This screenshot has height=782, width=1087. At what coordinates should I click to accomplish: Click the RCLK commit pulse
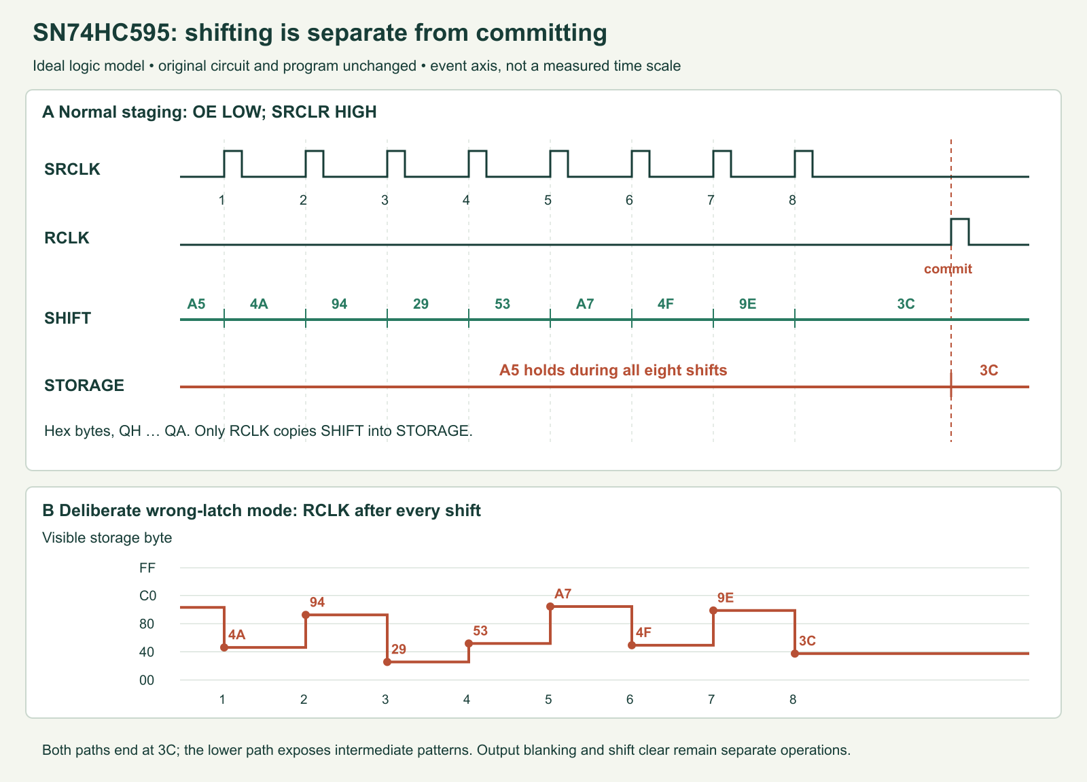pos(960,220)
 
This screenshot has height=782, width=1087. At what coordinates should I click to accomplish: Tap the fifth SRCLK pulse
pos(559,152)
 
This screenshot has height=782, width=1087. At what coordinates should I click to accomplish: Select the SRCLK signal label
pos(72,169)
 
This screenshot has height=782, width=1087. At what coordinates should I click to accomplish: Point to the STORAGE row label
pos(84,385)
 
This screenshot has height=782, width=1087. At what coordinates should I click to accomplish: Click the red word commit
pos(948,269)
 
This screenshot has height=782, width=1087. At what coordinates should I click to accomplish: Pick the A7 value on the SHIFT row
pos(585,304)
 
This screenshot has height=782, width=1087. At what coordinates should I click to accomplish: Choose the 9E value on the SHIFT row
pos(747,304)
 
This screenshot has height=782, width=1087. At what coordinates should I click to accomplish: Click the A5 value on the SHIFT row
pos(196,304)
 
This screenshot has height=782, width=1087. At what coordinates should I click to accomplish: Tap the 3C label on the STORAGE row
pos(988,371)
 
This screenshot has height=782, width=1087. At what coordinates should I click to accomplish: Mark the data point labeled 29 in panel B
pos(387,662)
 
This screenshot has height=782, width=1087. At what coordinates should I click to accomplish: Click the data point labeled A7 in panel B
pos(550,607)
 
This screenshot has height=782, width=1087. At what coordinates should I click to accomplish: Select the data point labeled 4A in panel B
pos(224,647)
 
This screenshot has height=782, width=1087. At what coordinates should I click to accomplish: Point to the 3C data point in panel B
pos(795,653)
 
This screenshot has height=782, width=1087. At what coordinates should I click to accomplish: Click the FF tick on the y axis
pos(147,568)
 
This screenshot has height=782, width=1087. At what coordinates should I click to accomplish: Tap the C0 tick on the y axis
pos(147,596)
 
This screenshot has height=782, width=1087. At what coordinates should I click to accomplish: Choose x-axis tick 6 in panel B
pos(629,700)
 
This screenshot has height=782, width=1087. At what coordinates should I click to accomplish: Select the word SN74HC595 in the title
pos(102,33)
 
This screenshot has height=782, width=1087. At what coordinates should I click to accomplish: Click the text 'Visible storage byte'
pos(107,538)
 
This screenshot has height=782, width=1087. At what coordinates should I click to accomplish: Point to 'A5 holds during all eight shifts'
pos(613,371)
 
